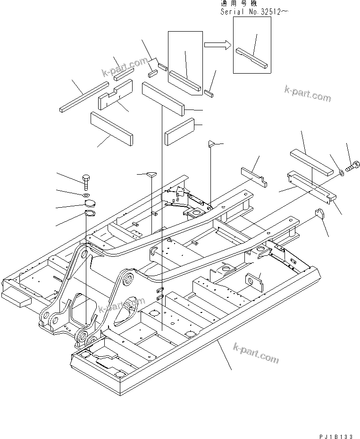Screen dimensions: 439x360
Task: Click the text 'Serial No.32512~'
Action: [x=254, y=11]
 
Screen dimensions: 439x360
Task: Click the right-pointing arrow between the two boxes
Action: [x=217, y=45]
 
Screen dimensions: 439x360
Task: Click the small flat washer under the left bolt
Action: [x=86, y=195]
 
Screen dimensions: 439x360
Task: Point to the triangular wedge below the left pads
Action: [x=151, y=175]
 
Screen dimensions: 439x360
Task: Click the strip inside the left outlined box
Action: [x=185, y=80]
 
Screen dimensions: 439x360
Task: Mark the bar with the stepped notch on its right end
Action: [x=254, y=175]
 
